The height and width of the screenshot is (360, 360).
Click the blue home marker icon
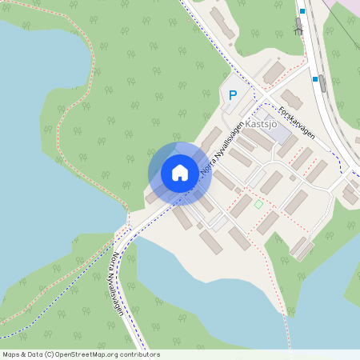click(x=180, y=172)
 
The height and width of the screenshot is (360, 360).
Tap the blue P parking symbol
click(x=233, y=95)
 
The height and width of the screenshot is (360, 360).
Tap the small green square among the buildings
click(x=258, y=205)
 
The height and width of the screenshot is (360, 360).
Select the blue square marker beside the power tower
click(x=302, y=12)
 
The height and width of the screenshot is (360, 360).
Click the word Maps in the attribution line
click(x=12, y=354)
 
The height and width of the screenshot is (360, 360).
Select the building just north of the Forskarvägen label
click(x=291, y=100)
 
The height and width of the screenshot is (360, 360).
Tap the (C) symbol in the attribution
click(x=50, y=354)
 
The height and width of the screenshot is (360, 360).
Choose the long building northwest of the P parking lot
click(x=222, y=22)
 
